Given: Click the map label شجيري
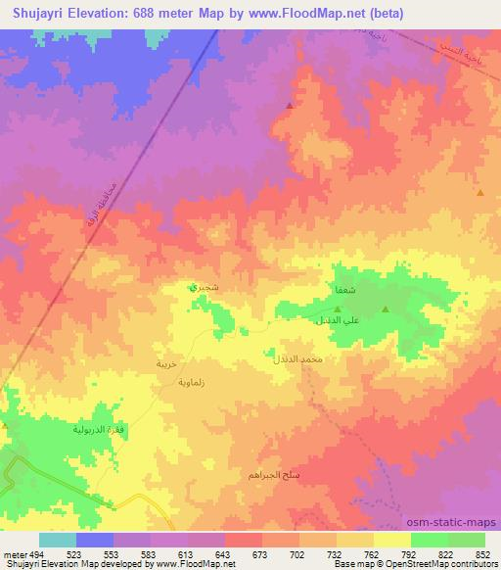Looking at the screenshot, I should click(x=197, y=289).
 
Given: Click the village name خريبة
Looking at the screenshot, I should click(x=165, y=363).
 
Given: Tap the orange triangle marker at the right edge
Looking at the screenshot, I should click(x=480, y=193).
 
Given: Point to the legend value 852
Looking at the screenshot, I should click(x=482, y=552).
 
